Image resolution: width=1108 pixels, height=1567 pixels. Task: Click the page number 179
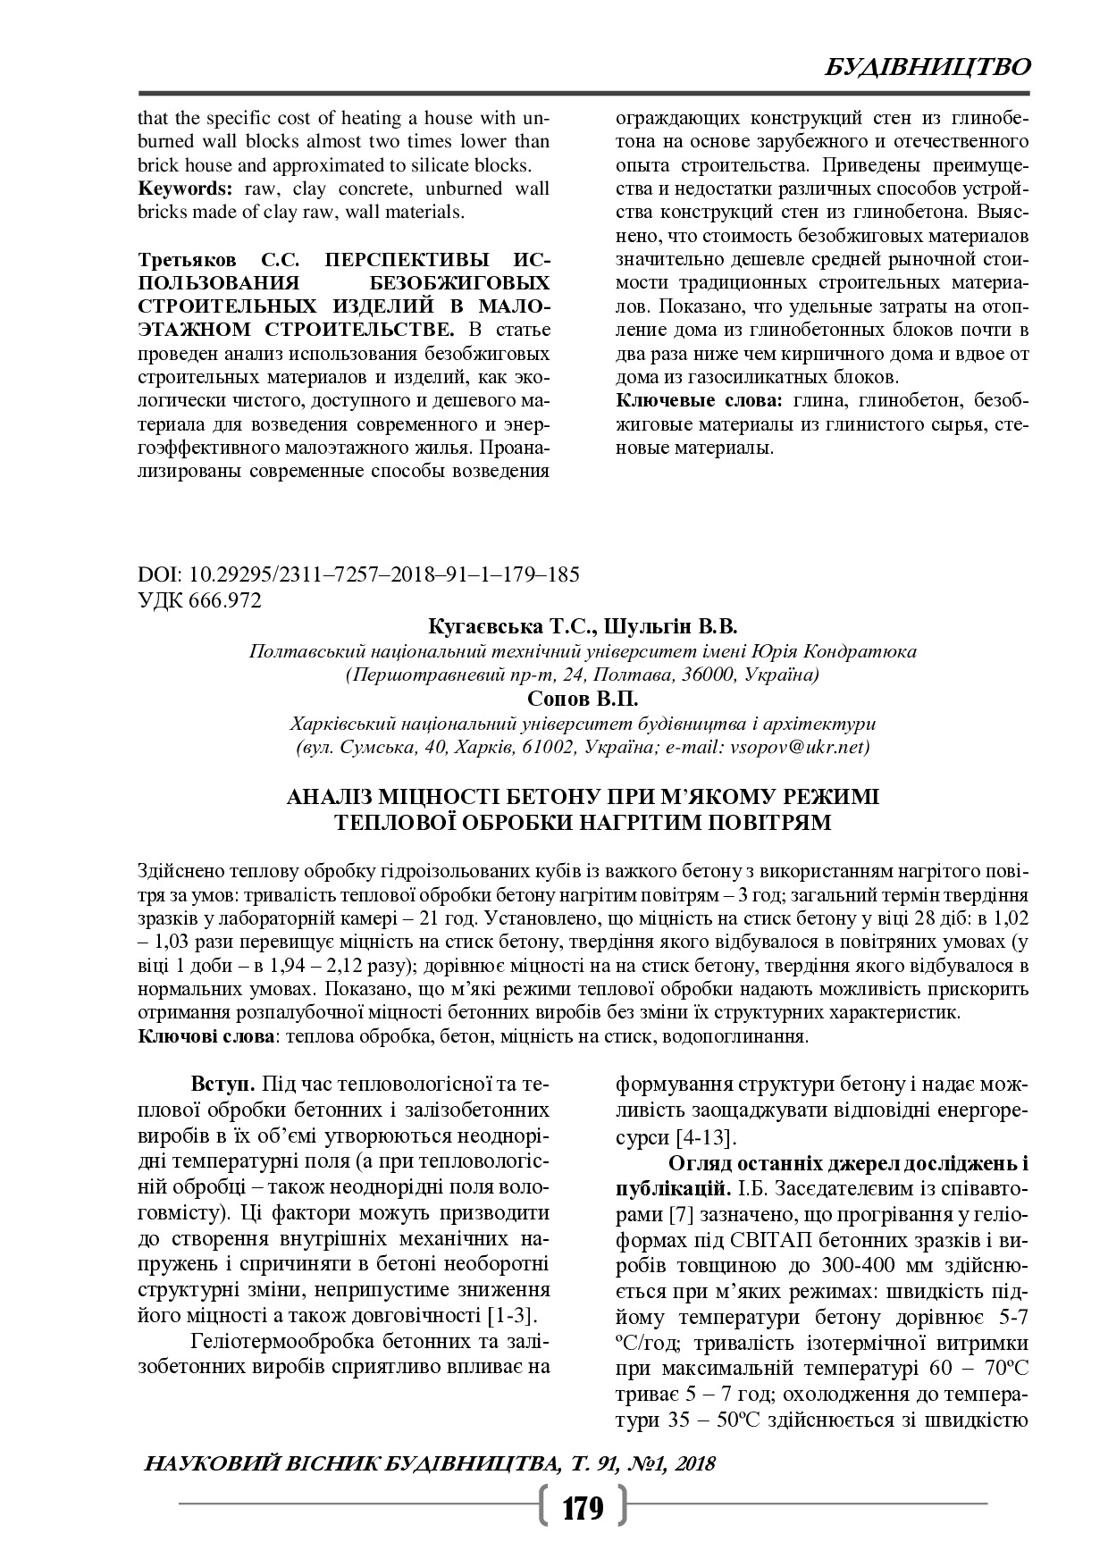click(x=583, y=1509)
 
